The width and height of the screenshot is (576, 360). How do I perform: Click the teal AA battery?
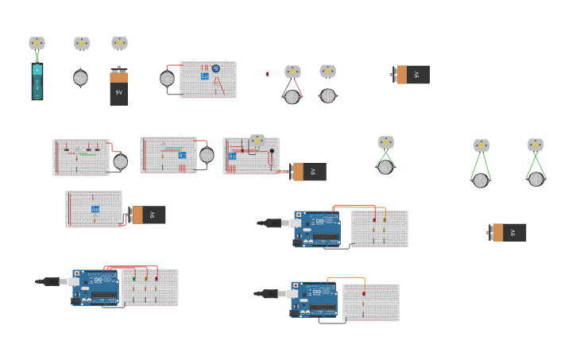tap(37, 81)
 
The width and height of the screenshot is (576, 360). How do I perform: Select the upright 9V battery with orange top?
tap(118, 87)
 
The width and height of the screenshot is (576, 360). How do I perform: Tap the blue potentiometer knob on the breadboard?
tap(215, 68)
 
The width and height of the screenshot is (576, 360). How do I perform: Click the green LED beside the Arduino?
tap(134, 279)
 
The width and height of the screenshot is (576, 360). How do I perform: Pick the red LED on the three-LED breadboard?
tap(156, 279)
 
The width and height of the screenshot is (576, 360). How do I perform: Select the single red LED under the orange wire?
tap(364, 294)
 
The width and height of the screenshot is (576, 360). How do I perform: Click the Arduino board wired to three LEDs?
tap(95, 287)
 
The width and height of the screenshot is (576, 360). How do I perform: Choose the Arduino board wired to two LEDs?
tap(317, 228)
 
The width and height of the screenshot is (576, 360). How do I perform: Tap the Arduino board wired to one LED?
tap(314, 299)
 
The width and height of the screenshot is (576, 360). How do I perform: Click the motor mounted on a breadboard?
tap(257, 141)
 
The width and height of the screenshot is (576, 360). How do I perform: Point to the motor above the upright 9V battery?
tap(119, 43)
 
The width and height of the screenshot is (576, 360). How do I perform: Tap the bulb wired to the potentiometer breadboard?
tap(167, 79)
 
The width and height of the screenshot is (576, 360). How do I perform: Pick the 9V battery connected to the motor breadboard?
tap(308, 172)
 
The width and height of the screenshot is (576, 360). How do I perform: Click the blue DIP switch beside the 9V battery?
tap(95, 209)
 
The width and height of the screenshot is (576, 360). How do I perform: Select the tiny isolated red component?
tap(268, 75)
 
